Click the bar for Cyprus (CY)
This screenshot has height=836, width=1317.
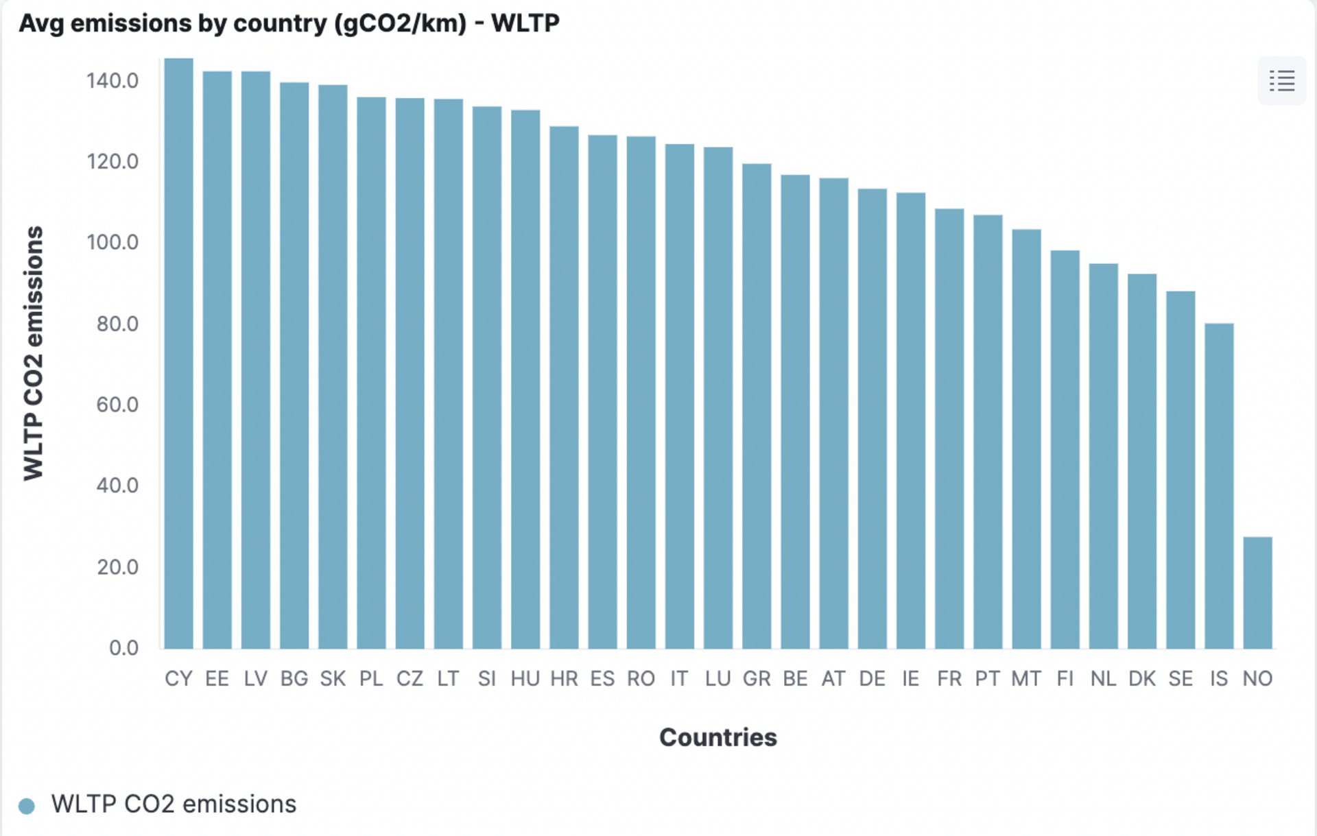178,353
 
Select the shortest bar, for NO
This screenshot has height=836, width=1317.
1257,593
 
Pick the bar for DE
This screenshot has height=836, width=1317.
872,418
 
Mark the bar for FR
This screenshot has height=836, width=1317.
949,429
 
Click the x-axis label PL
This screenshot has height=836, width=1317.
371,679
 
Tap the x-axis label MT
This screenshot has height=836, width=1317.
1026,679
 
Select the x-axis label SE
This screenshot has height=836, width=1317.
1180,679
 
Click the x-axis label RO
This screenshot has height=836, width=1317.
641,679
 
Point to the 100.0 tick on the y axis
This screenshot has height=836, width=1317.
112,242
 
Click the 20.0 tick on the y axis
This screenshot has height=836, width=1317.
117,567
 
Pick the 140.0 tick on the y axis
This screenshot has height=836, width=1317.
112,81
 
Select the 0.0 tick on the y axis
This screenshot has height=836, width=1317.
123,648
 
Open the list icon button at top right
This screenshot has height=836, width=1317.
1281,81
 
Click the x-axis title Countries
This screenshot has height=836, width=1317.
717,737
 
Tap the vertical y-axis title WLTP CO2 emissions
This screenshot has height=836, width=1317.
33,353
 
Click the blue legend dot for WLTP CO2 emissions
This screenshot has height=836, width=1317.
27,806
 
